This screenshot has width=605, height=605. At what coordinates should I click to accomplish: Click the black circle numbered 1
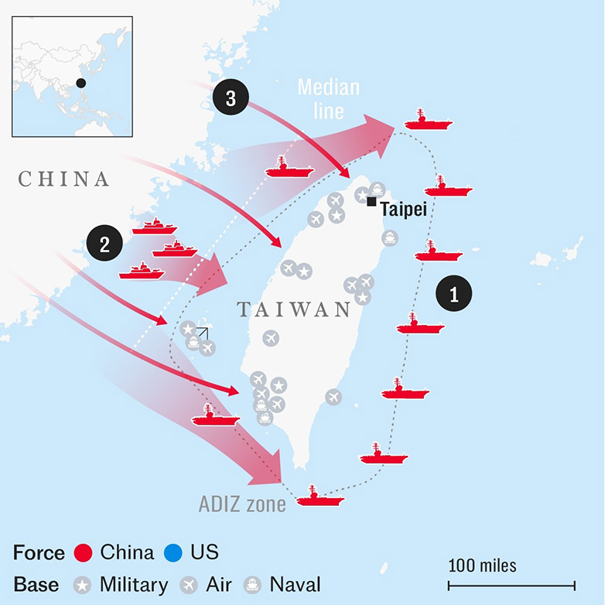(x=453, y=293)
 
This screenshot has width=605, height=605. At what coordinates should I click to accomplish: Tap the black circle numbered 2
(x=104, y=243)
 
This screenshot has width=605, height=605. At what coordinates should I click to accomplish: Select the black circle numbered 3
(x=231, y=97)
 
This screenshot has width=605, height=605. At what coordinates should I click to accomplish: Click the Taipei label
(x=404, y=210)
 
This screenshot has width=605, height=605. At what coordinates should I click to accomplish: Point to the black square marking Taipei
(x=371, y=201)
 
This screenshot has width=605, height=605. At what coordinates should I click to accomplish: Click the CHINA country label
(x=63, y=179)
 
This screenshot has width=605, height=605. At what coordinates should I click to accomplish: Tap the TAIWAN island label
(x=294, y=309)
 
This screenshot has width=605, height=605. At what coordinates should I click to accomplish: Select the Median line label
(x=328, y=99)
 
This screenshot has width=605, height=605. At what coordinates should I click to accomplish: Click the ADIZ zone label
(x=242, y=504)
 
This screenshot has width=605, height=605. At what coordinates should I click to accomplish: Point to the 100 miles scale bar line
(x=511, y=586)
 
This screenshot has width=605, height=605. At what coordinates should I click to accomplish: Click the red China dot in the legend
(x=83, y=552)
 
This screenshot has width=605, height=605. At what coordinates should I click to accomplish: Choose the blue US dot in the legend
(x=173, y=552)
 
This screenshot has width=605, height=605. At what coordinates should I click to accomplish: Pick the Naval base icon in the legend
(x=252, y=585)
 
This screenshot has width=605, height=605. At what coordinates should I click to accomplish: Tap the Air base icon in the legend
(x=189, y=585)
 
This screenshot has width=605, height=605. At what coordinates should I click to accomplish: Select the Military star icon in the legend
(x=82, y=585)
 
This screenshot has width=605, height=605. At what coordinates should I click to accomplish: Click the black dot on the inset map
(x=80, y=83)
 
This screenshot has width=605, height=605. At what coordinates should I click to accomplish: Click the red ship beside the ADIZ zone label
(x=320, y=496)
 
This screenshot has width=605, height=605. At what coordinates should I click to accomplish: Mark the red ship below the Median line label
(x=289, y=167)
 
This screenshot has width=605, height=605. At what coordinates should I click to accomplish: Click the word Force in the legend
(x=39, y=552)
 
